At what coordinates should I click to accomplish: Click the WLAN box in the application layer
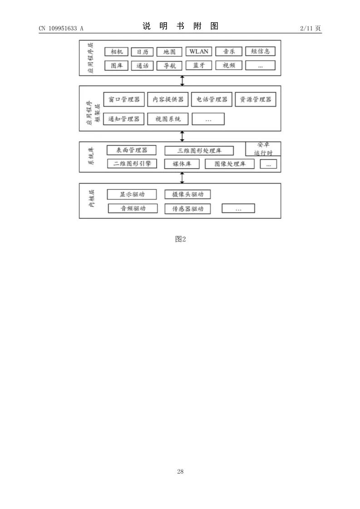tap(199, 51)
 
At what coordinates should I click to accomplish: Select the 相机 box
tap(117, 52)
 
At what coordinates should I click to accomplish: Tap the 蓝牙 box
tap(199, 65)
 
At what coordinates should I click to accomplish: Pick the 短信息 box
tap(260, 51)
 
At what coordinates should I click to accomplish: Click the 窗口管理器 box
tap(123, 99)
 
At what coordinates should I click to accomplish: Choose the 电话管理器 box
tap(212, 99)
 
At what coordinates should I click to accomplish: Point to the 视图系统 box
tap(168, 119)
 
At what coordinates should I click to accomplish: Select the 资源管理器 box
tap(256, 99)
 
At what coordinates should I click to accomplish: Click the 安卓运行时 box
tap(263, 149)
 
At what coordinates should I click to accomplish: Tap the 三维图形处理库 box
tap(199, 151)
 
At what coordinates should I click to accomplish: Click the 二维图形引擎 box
tap(132, 163)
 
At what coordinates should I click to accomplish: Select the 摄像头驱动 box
tap(187, 195)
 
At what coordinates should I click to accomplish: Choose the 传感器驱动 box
tap(187, 209)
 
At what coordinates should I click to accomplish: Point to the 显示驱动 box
tap(132, 195)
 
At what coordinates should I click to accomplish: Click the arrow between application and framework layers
tap(182, 81)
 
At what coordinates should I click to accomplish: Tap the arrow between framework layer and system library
tap(182, 136)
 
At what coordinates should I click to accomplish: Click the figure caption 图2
tap(180, 239)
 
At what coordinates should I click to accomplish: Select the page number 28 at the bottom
tap(180, 472)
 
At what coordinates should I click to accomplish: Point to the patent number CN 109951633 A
tap(61, 28)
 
